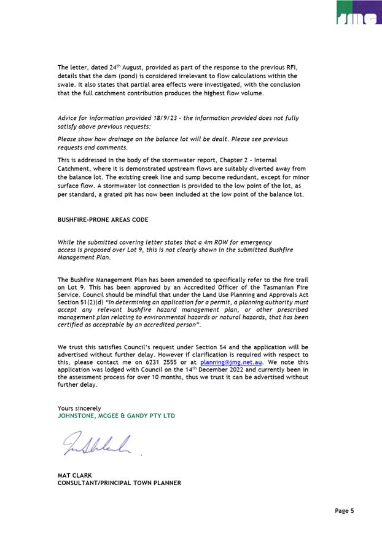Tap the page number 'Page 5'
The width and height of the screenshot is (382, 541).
(344, 510)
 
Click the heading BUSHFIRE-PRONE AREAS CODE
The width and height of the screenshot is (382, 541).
(103, 219)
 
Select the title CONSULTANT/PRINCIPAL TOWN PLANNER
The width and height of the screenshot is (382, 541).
(119, 483)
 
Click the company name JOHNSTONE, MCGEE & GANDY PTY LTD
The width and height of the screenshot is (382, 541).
(116, 416)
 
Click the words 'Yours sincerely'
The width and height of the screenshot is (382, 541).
(79, 408)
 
